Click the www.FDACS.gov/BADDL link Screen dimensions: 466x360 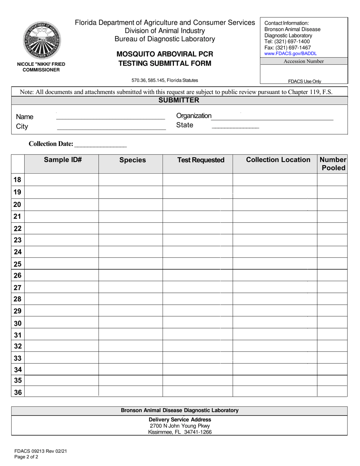click(x=290, y=54)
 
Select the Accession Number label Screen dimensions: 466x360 click(x=304, y=61)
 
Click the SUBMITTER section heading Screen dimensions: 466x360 click(x=179, y=100)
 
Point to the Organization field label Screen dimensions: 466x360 click(x=194, y=116)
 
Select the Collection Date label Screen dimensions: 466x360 click(x=51, y=144)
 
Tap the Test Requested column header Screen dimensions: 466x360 click(x=201, y=160)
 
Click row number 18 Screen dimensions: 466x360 click(x=17, y=180)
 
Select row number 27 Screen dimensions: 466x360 click(x=17, y=288)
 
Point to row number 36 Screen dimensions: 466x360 click(x=17, y=393)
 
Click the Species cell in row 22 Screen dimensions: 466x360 click(x=131, y=228)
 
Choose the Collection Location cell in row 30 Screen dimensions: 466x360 click(x=275, y=323)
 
